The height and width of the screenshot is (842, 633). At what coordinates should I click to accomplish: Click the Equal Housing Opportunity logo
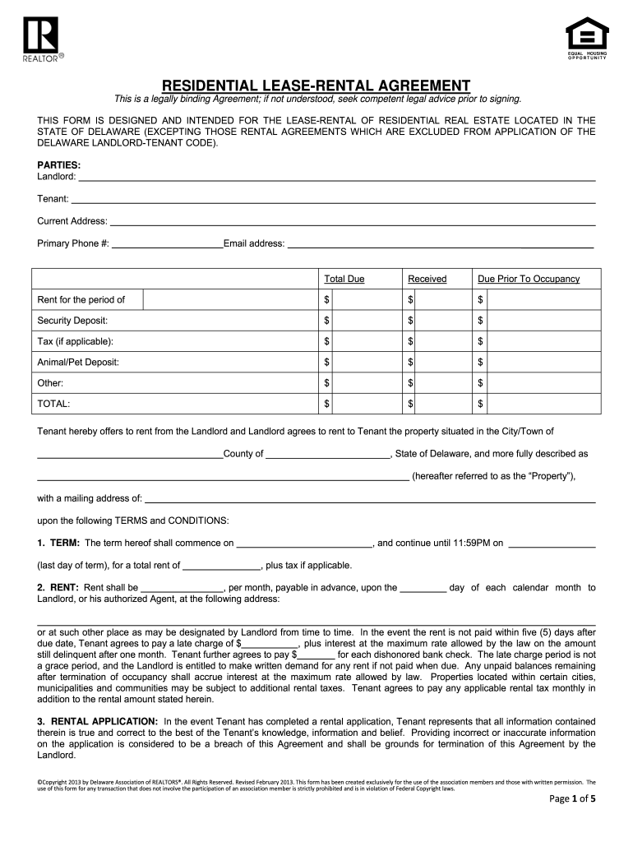coord(587,37)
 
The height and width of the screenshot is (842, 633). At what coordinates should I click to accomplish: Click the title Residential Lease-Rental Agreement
coord(316,86)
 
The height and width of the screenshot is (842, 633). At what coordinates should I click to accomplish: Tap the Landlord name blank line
coord(335,176)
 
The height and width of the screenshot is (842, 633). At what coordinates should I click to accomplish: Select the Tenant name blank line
coord(333,198)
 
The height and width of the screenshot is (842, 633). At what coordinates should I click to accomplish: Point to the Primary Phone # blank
coord(167,243)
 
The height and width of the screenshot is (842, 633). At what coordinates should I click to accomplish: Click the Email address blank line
coord(439,243)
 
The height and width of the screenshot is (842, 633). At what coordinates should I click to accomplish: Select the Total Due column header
coord(344,279)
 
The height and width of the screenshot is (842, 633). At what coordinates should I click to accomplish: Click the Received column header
coord(427,279)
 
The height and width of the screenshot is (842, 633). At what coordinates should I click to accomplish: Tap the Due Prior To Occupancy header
coord(529,279)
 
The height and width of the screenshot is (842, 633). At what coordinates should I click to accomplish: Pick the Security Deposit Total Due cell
coord(360,320)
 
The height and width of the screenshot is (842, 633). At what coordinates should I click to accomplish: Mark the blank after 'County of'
coord(328,453)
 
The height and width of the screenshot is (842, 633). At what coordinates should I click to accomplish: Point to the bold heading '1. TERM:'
coord(58,543)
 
